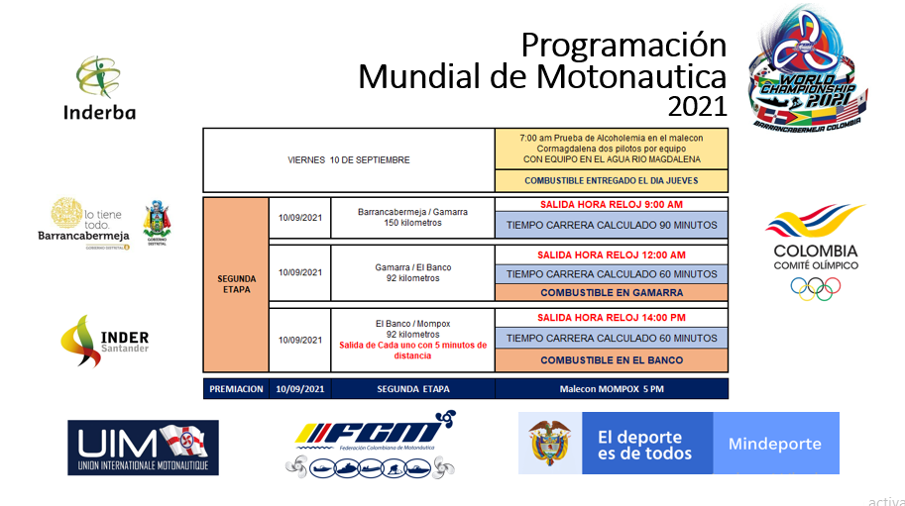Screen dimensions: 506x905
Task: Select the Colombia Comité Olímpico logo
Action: pos(815,251)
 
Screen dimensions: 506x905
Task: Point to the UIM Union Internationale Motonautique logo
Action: pos(143,447)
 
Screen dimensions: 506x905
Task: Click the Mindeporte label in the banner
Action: pos(774,443)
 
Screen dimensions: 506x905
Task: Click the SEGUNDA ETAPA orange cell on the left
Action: pos(236,284)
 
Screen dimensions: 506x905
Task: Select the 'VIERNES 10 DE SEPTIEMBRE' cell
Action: pos(349,159)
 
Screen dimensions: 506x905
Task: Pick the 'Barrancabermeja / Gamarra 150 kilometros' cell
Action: pos(413,217)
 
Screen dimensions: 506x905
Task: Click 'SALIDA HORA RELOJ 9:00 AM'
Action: pos(611,205)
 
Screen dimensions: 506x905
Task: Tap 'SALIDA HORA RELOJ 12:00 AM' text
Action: pos(611,255)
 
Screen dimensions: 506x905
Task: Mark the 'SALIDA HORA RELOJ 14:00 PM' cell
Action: pos(611,318)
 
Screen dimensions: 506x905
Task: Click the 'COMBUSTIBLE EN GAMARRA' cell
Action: pos(611,293)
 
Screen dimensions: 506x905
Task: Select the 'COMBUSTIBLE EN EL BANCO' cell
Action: pos(611,359)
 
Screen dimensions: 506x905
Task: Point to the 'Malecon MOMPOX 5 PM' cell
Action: pos(611,389)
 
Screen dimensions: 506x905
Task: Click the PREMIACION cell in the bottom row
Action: pos(236,389)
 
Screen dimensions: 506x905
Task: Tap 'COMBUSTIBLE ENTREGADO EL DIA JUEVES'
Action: pos(611,180)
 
